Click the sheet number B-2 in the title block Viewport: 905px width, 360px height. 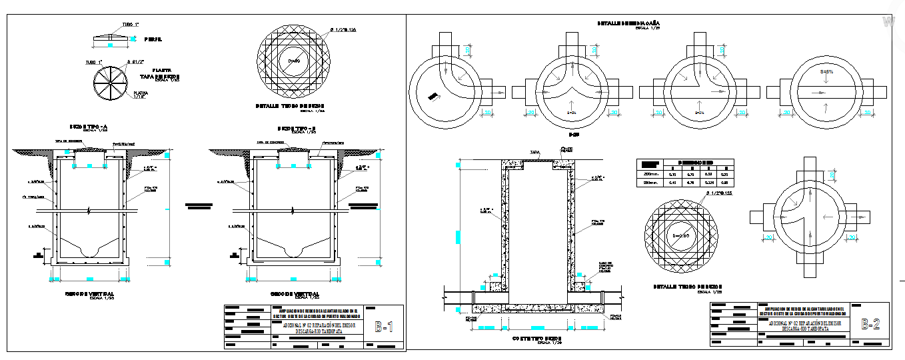click(870, 325)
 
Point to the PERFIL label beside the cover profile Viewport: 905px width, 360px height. click(153, 40)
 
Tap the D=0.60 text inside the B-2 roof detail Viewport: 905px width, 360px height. click(679, 235)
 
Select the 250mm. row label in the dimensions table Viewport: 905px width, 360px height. click(650, 182)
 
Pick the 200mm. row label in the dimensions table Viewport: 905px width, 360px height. click(650, 173)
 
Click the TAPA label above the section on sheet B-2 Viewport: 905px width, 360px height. click(534, 153)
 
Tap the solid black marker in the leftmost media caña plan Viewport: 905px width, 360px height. click(433, 97)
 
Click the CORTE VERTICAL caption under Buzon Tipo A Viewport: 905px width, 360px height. click(89, 294)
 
